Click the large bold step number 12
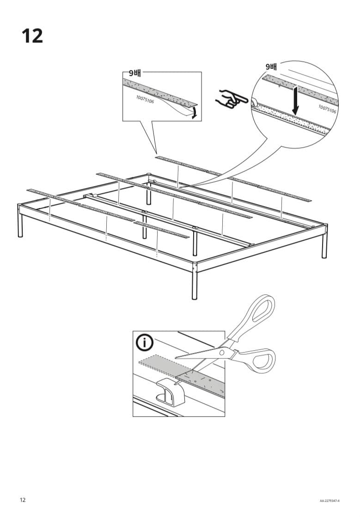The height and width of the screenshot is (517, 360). (32, 36)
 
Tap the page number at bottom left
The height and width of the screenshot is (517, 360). (23, 500)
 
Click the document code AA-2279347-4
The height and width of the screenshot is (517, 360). (329, 501)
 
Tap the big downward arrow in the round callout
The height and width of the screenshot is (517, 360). (295, 101)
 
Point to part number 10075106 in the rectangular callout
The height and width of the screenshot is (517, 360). (145, 99)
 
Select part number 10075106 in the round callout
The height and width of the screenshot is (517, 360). (327, 109)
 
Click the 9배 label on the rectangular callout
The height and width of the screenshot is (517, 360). (135, 73)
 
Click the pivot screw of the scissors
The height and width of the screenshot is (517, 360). (222, 353)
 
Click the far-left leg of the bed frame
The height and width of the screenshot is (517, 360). (20, 221)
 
